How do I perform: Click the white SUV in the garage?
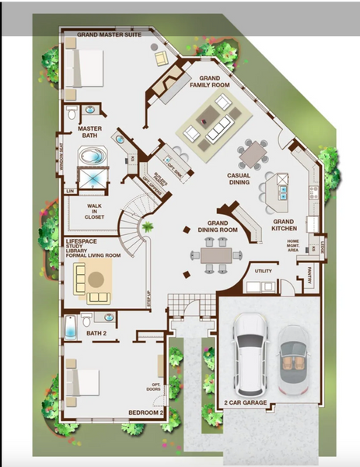(x=250, y=354)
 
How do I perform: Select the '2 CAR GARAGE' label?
(x=246, y=402)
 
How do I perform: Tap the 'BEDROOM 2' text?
(x=145, y=413)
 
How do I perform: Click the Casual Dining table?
(x=253, y=153)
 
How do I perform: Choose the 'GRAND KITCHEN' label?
(x=283, y=226)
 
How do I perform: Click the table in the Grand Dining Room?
(x=212, y=254)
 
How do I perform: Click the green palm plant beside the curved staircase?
(x=146, y=226)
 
